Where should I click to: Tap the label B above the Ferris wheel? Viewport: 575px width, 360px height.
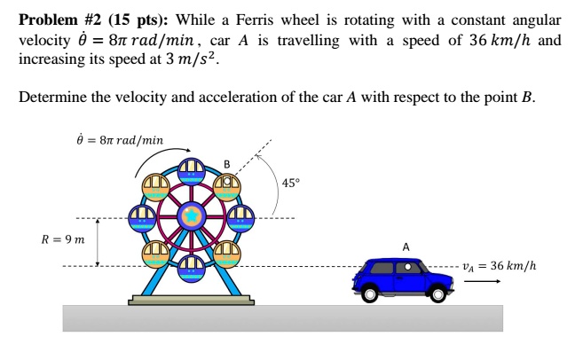(226, 164)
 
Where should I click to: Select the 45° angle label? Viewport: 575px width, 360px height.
(291, 184)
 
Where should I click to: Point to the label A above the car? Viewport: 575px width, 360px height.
(406, 246)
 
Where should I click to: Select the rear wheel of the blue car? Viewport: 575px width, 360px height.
(369, 293)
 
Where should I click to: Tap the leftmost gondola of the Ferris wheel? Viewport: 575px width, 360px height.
(142, 216)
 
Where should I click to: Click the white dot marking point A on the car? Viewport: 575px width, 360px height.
(407, 266)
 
